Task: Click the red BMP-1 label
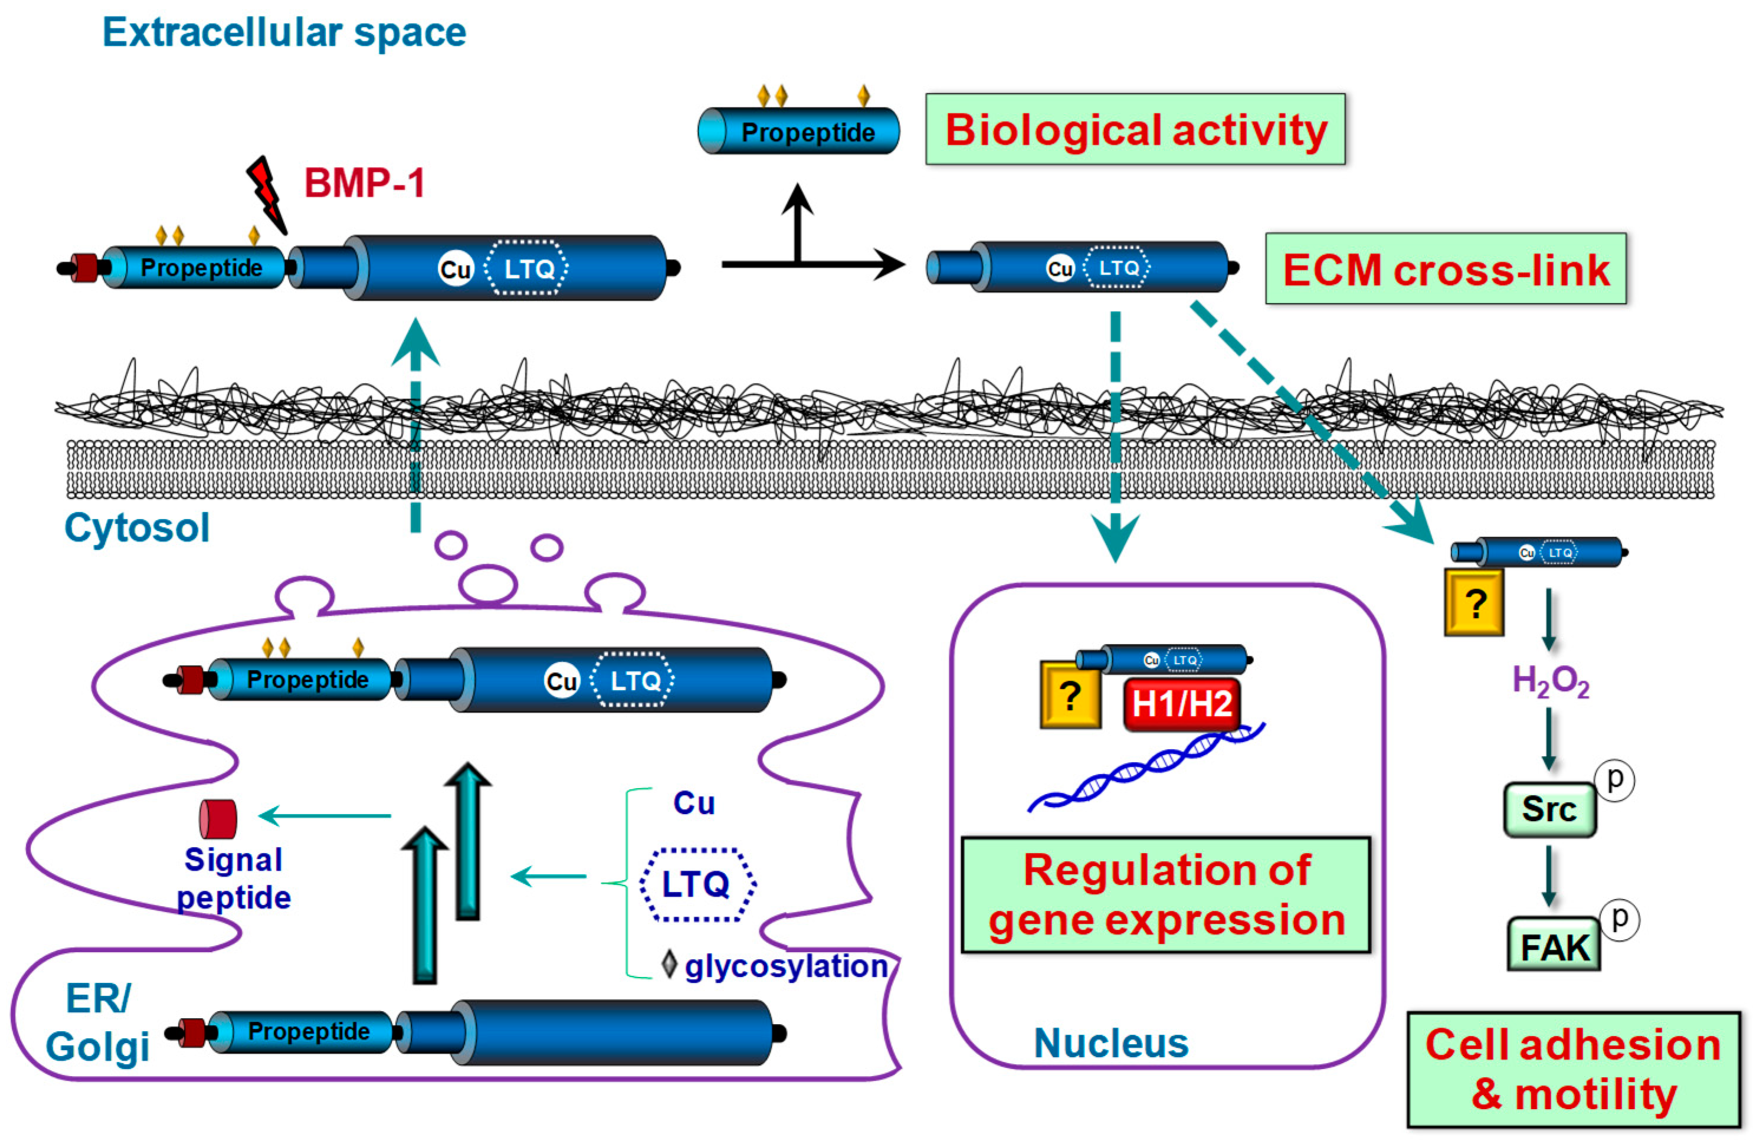click(365, 183)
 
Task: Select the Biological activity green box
click(1135, 130)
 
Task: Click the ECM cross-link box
click(1446, 269)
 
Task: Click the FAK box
click(1553, 946)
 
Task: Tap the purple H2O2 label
click(1550, 681)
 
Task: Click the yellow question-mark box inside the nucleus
click(1070, 695)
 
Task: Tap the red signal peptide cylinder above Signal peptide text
click(218, 819)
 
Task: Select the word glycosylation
click(786, 966)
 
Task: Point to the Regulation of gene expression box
click(1166, 894)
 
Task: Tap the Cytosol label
click(137, 528)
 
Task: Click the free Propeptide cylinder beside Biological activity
click(799, 132)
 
